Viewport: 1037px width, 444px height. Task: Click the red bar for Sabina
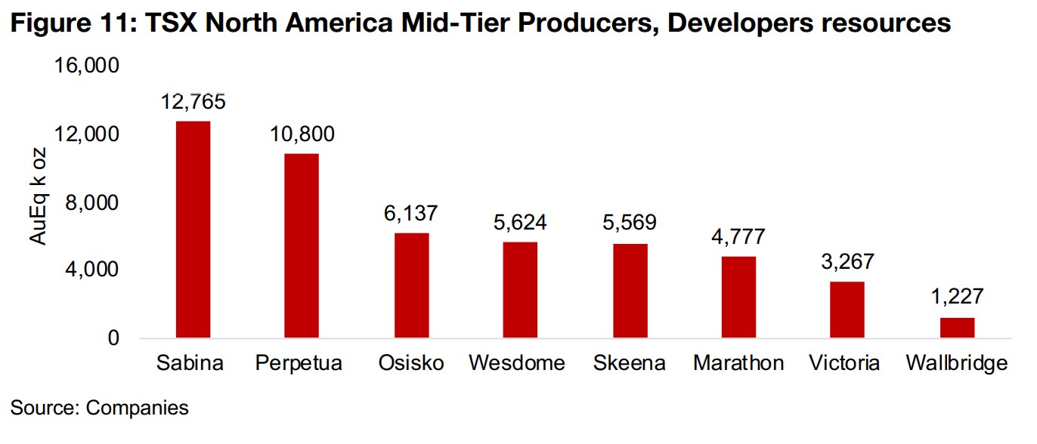tap(193, 230)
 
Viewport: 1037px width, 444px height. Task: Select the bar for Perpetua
tap(302, 246)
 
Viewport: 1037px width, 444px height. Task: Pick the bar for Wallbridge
tap(957, 328)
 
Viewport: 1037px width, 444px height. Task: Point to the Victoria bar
tap(847, 310)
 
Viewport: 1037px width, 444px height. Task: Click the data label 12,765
tap(193, 102)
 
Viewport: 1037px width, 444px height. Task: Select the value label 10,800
tap(302, 135)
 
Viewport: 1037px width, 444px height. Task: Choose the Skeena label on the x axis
tap(630, 363)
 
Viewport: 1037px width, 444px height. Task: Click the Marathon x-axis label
tap(738, 363)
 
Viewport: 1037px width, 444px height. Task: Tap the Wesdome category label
tap(517, 363)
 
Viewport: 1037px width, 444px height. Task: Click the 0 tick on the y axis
tap(113, 338)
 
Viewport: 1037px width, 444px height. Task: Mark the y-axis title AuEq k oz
tap(39, 197)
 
